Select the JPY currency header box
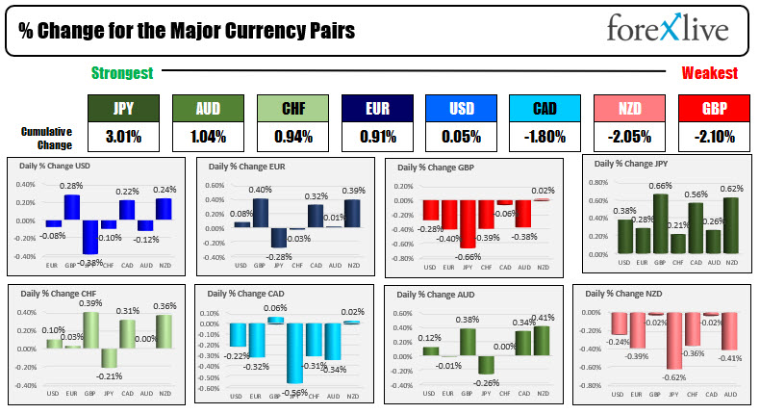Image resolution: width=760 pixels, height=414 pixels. [x=122, y=109]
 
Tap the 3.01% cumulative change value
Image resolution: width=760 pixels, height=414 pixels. [x=122, y=137]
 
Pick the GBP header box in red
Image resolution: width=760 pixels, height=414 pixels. [x=713, y=109]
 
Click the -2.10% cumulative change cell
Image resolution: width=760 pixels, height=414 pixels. [x=713, y=137]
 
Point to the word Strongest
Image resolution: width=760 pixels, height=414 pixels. [x=121, y=73]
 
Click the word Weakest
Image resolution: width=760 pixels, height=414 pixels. [x=710, y=73]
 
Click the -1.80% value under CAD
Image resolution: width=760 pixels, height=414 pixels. [x=545, y=137]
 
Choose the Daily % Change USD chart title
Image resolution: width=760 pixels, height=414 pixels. [x=57, y=166]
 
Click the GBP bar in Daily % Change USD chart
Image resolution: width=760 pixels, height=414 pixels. [x=71, y=208]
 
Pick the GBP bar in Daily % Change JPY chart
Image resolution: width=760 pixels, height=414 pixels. [x=660, y=222]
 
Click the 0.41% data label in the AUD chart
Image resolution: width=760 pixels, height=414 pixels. [x=545, y=318]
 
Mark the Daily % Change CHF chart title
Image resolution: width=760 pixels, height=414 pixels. [x=55, y=292]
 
